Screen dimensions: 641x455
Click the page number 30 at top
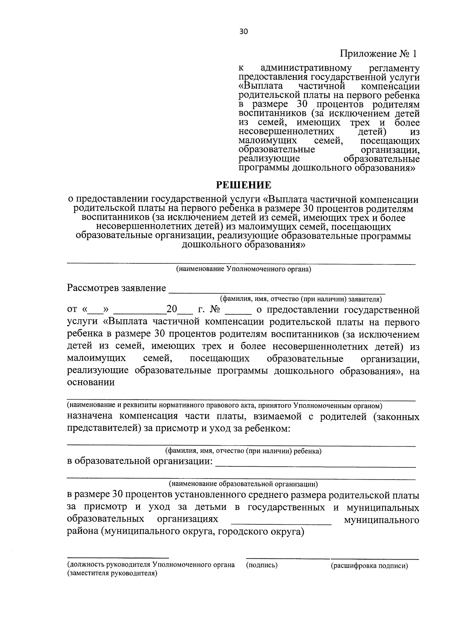point(243,32)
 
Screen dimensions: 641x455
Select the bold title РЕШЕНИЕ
point(243,185)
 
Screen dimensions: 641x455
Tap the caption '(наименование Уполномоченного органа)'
point(243,269)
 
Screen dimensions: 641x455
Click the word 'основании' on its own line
point(91,382)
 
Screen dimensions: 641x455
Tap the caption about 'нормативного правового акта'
point(224,405)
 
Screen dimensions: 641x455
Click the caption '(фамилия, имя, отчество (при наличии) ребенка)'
point(243,451)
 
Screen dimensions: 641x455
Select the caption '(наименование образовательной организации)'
point(243,484)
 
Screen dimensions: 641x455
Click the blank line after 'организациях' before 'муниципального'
point(281,523)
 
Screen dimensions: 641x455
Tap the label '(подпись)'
point(262,566)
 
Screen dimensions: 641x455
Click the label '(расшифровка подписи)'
point(369,566)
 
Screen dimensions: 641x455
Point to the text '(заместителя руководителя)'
point(112,574)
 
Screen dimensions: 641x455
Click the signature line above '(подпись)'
point(287,558)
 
